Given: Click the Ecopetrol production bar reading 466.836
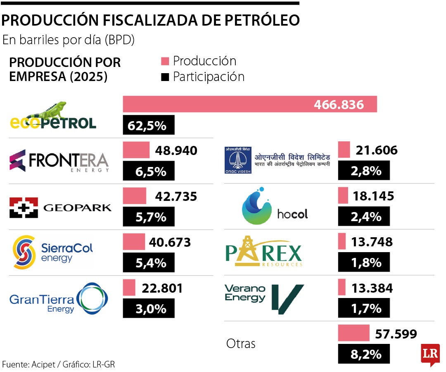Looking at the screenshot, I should pos(250,104).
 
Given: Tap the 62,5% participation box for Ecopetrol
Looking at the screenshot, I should pos(149,125).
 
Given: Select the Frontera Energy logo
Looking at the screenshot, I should pos(59,161).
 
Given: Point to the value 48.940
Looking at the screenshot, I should pos(176,150).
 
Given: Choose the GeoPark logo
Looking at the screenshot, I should pos(60,207).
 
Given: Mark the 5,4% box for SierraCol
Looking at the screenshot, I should pos(149,262).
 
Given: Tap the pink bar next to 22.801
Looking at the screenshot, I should pos(129,288).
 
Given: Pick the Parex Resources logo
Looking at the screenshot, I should pos(263,251).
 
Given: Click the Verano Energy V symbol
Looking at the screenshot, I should pos(288,297).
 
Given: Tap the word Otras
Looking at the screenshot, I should pos(241,343).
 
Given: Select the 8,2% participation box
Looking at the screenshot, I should pos(364,354).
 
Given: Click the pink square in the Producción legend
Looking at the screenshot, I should pos(165,62).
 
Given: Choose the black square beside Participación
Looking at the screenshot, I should pos(165,77).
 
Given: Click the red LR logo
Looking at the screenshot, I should pos(429,354).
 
